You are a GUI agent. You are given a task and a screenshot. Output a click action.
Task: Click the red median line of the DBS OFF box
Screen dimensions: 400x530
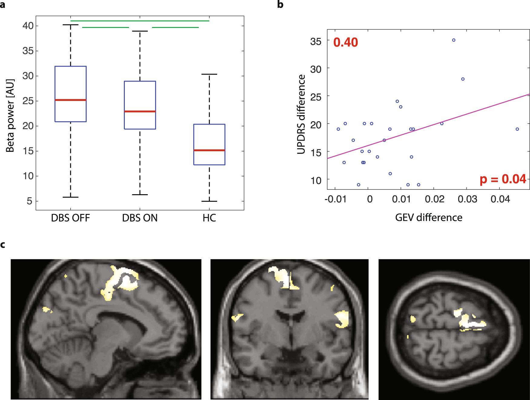(x=70, y=100)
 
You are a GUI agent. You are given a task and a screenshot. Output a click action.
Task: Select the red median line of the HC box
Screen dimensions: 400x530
(x=209, y=150)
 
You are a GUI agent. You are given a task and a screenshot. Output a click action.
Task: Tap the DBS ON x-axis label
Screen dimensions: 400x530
(x=140, y=218)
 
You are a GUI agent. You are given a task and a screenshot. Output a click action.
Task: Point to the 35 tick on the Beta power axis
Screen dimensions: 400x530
(x=28, y=51)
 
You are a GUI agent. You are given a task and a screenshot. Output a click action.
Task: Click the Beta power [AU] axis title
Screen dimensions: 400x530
(x=10, y=116)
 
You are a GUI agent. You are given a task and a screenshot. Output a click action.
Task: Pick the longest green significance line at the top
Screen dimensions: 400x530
(x=140, y=21)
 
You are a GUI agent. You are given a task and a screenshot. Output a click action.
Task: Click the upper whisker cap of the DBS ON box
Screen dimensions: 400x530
(x=140, y=31)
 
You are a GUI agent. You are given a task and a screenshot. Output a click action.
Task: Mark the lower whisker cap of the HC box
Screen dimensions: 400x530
(x=209, y=201)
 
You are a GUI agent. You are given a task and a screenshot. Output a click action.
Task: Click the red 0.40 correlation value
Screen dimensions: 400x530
(x=346, y=42)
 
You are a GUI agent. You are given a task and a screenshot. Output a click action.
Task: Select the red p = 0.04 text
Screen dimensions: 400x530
(x=503, y=179)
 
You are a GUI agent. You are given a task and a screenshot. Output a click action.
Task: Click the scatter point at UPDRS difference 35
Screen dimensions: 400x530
(x=454, y=40)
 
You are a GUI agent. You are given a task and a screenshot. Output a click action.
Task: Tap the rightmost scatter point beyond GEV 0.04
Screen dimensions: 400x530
(x=517, y=129)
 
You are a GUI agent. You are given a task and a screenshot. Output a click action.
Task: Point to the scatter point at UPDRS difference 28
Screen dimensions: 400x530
(x=463, y=79)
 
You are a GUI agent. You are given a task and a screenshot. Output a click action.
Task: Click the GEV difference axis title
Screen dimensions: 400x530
(x=429, y=218)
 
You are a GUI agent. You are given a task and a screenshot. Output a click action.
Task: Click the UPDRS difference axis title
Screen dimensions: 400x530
(x=301, y=114)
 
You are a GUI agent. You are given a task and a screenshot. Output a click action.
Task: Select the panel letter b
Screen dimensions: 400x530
(x=280, y=5)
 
